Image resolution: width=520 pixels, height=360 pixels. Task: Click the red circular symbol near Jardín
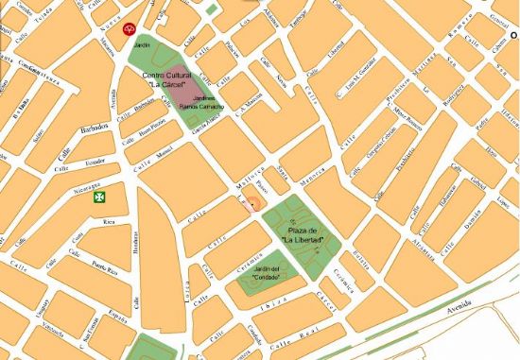130,29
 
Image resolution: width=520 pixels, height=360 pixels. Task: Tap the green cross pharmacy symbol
98,197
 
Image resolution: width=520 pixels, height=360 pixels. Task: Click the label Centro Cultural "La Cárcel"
167,78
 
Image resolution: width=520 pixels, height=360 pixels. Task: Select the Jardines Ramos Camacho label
208,102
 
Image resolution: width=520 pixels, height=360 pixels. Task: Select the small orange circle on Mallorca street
251,206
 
